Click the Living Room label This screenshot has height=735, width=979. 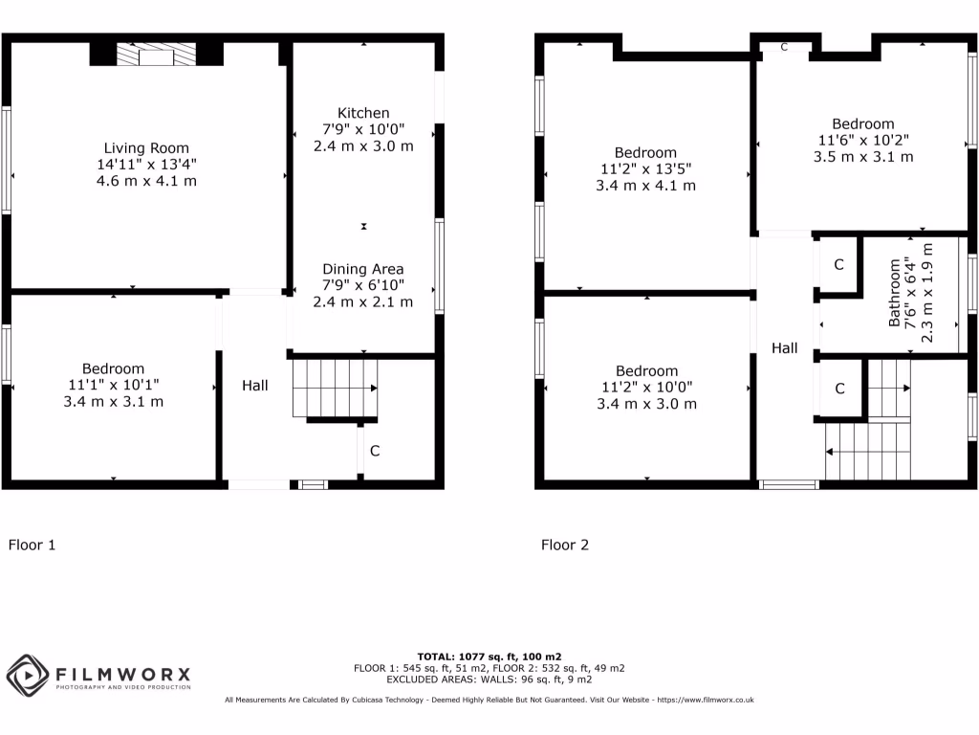pos(139,148)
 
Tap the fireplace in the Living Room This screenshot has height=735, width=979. pos(156,56)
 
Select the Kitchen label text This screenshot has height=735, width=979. pos(363,113)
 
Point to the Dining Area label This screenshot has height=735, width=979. pos(363,269)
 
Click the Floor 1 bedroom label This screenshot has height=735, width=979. pos(113,368)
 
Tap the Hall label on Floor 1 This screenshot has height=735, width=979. pos(254,386)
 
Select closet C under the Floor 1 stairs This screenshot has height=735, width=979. pos(375,451)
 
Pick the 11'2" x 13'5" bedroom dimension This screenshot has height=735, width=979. pos(645,168)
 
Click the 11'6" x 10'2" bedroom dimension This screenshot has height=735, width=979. pos(862,140)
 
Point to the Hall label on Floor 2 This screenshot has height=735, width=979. pos(785,348)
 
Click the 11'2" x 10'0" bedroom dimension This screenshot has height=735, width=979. pos(646,388)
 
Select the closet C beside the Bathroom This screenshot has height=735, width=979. pos(838,265)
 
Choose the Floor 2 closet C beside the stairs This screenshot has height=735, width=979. pos(839,389)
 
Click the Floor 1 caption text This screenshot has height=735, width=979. pos(33,546)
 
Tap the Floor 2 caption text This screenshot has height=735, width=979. pos(565,546)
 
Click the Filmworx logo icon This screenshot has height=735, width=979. pos(28,676)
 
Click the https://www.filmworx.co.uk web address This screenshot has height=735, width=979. pos(704,700)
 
